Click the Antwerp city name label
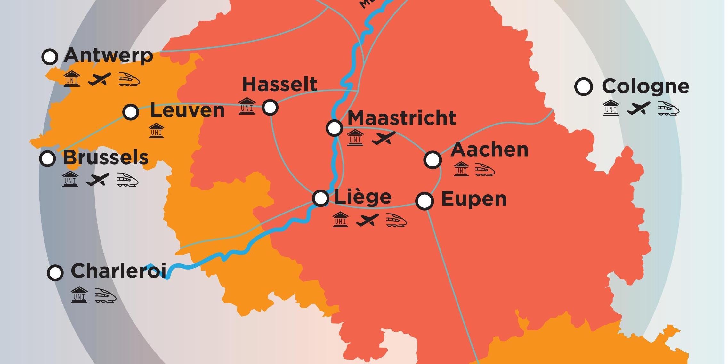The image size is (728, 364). (x=109, y=56)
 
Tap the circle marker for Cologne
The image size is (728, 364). (x=583, y=86)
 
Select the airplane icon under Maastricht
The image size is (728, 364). (x=384, y=138)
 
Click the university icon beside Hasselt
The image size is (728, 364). (x=247, y=106)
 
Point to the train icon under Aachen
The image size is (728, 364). (x=485, y=170)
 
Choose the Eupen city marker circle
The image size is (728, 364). (x=425, y=201)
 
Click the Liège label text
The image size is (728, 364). (x=363, y=197)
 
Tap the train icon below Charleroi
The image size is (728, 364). (x=105, y=295)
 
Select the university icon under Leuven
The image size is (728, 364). (x=156, y=131)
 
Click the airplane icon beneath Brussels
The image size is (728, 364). (x=98, y=180)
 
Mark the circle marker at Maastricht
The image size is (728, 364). (x=334, y=128)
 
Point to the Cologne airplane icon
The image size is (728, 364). (x=638, y=109)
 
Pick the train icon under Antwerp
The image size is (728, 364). (x=129, y=79)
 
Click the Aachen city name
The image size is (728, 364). (x=489, y=150)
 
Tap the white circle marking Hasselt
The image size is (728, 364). (x=270, y=107)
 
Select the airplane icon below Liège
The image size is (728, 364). (x=367, y=220)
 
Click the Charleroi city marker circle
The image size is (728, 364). (x=55, y=273)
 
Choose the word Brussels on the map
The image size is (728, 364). (x=106, y=158)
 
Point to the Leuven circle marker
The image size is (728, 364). (x=131, y=112)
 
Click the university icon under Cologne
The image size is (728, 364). (x=611, y=108)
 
